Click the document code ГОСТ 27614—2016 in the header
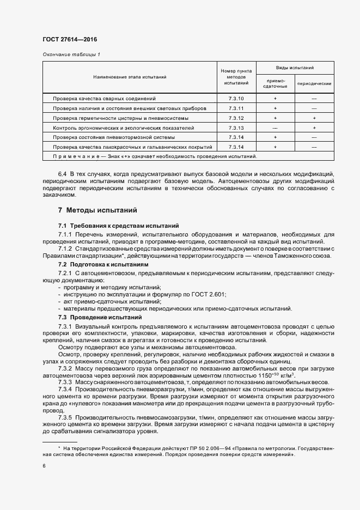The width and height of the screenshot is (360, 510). tap(69, 39)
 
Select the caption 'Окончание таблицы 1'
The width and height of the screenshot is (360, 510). tap(71, 54)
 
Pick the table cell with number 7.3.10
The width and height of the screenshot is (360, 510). tap(236, 99)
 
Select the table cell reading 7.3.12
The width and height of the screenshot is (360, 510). tap(236, 118)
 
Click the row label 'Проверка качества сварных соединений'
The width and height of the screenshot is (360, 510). tap(104, 99)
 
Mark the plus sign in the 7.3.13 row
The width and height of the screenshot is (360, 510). tap(314, 127)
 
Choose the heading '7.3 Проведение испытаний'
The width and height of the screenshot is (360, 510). tap(100, 317)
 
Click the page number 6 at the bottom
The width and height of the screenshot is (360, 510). tap(44, 466)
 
